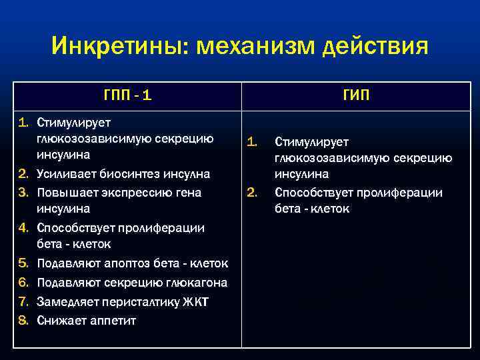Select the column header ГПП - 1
click(x=127, y=95)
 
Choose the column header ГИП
click(x=357, y=95)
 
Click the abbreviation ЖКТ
click(x=197, y=302)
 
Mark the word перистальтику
click(x=136, y=302)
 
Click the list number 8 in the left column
click(x=23, y=321)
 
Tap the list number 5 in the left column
click(x=23, y=263)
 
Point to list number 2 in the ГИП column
click(x=252, y=193)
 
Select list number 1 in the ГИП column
click(x=252, y=141)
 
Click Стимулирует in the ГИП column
click(x=307, y=141)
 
